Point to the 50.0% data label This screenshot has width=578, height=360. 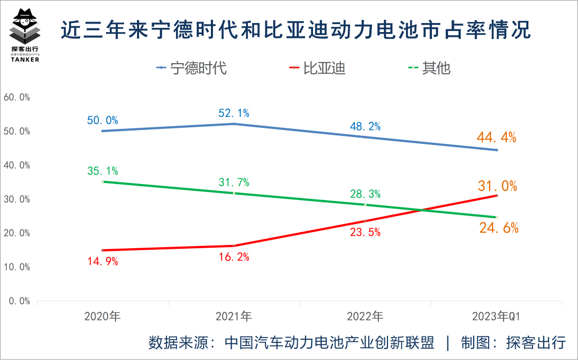click(102, 120)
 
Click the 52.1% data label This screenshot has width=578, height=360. click(234, 113)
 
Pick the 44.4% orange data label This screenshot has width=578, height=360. click(497, 138)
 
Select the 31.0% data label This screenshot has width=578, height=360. click(497, 186)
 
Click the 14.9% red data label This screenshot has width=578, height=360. click(102, 262)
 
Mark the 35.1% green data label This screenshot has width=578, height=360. click(102, 171)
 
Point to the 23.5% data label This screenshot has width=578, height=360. click(365, 232)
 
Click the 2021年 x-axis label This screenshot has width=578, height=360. click(234, 316)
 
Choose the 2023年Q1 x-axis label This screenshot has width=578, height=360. click(497, 316)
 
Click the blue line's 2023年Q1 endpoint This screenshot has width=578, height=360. click(497, 150)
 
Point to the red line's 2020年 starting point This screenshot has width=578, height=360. click(102, 250)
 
